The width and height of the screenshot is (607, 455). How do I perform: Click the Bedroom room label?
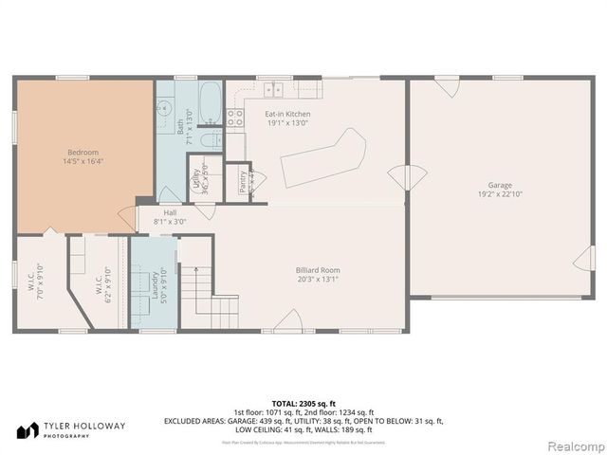83,153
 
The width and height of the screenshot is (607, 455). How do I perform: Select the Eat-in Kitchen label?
286,115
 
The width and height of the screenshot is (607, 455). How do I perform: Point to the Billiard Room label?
317,270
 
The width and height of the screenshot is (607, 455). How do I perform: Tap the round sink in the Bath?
212,140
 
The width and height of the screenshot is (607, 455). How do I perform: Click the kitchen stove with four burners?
235,118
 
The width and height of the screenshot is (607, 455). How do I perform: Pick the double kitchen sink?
273,90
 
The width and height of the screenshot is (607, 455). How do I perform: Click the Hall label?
170,213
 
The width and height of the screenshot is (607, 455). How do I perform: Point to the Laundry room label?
154,283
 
